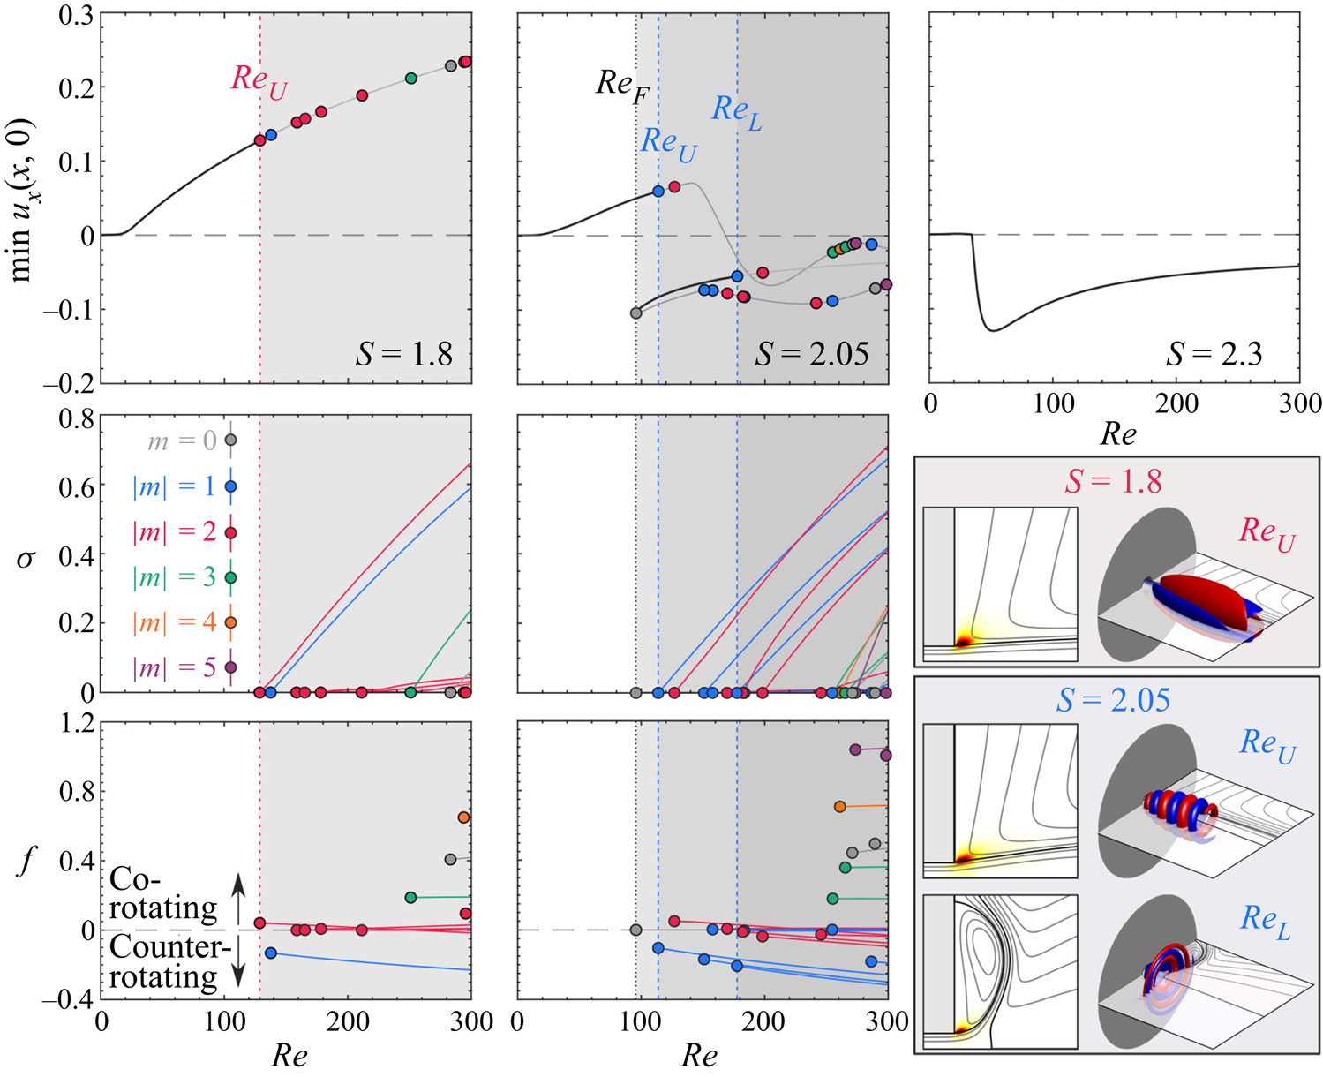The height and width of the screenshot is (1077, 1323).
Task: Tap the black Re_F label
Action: coord(622,87)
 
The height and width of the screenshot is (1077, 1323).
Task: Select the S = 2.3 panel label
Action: coord(1214,353)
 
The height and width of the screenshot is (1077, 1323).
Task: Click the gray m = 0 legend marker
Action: coord(230,440)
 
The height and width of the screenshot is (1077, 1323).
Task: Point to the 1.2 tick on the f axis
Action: coord(74,723)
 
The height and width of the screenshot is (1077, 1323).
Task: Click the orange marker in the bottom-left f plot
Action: coord(463,817)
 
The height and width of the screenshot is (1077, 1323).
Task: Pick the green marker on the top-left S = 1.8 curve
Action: coord(410,78)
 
